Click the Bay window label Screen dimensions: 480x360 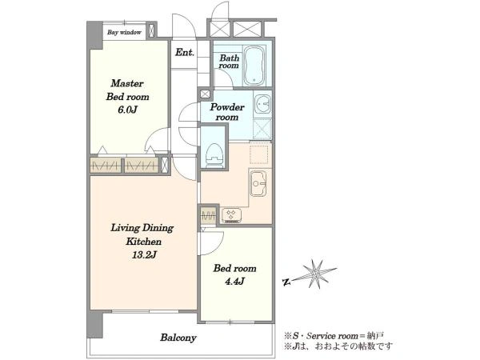click(124, 32)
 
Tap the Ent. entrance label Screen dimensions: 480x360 click(185, 52)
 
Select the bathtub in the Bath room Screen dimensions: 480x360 click(254, 66)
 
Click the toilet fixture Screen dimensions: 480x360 click(214, 155)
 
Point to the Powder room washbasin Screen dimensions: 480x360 click(262, 105)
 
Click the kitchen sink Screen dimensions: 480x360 click(258, 183)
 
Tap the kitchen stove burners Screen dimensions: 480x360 click(231, 215)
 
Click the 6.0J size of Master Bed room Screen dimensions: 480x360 click(127, 110)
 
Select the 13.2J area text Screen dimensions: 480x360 click(144, 254)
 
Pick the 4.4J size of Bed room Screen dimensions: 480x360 click(234, 282)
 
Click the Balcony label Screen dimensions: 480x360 click(178, 338)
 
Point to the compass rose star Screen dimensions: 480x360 click(316, 274)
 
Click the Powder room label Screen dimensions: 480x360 click(227, 112)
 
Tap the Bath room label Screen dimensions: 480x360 click(229, 62)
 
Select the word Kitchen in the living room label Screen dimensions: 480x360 click(143, 242)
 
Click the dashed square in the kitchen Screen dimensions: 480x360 click(259, 154)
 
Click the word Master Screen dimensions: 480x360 click(127, 83)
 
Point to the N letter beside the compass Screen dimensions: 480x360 click(286, 282)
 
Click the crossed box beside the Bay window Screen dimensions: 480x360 click(151, 30)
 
